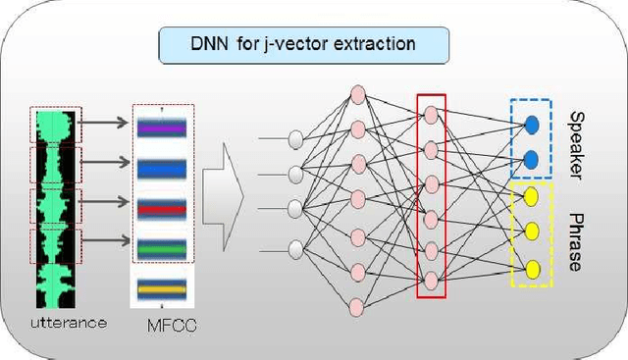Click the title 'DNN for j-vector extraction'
302,43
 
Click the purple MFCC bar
162,128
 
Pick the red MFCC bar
162,208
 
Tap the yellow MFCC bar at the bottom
162,290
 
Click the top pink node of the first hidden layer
358,95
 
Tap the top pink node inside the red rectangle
430,116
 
